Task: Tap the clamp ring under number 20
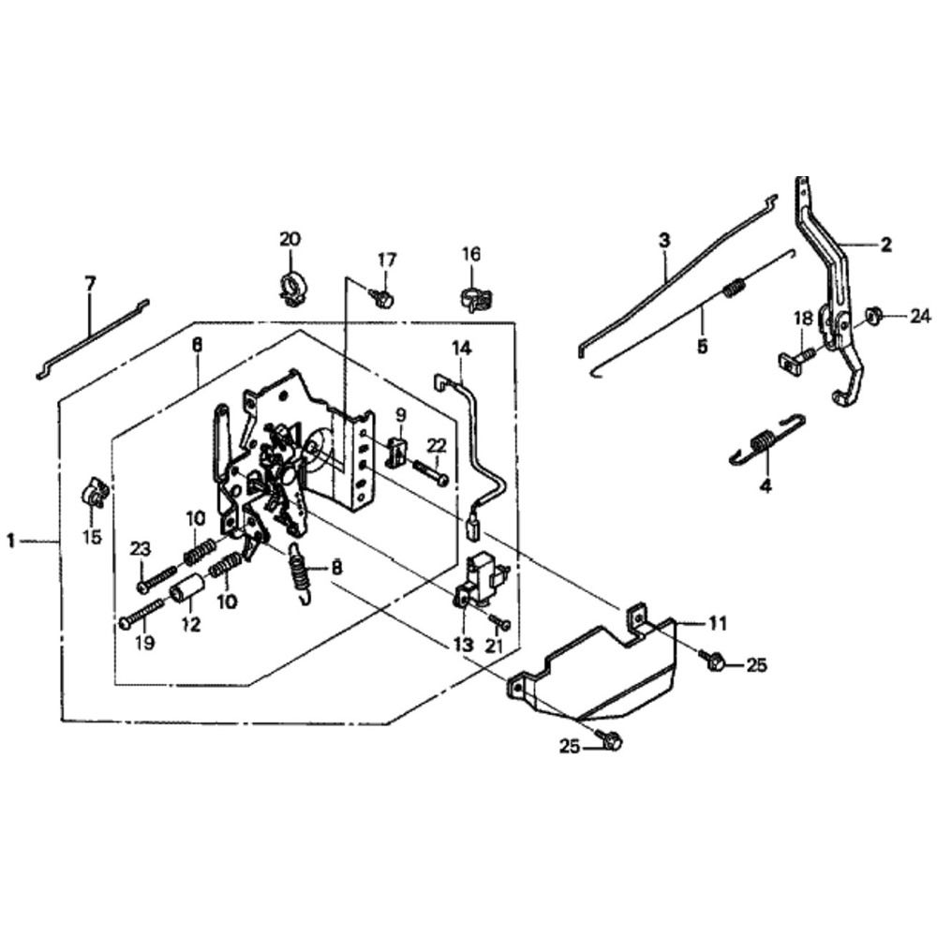(x=292, y=285)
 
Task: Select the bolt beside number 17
(x=382, y=297)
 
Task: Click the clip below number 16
(x=470, y=299)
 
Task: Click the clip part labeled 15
(x=94, y=491)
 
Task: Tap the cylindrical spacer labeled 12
(x=186, y=593)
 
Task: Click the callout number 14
(x=460, y=350)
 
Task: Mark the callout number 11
(x=717, y=621)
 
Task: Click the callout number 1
(x=12, y=540)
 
